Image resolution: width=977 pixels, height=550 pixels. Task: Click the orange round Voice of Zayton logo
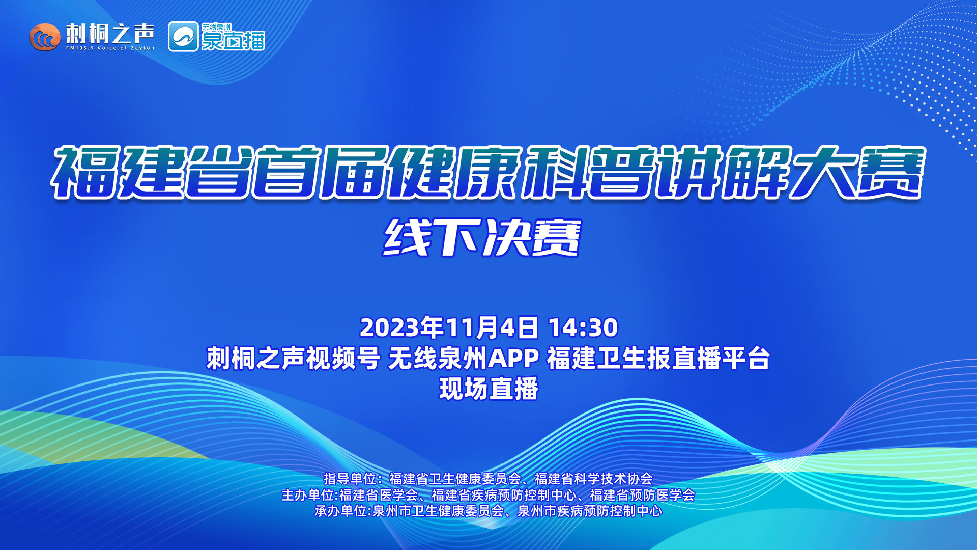point(45,37)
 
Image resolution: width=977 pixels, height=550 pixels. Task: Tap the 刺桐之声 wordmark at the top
point(110,34)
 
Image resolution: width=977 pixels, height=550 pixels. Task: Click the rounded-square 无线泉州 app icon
point(183,37)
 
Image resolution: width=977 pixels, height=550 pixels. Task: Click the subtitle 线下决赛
point(482,238)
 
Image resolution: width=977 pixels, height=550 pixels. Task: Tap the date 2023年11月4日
point(449,327)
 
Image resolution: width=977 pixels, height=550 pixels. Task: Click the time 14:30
point(583,327)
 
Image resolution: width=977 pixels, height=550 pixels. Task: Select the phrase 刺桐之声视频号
point(293,358)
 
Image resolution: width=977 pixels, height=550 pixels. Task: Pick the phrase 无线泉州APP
point(464,358)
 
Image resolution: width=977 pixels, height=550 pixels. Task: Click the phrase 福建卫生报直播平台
point(658,358)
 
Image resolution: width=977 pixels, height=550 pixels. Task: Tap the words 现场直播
point(489,389)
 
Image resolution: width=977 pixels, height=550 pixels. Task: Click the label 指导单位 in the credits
point(350,479)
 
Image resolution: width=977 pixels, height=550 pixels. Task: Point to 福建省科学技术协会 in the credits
point(594,479)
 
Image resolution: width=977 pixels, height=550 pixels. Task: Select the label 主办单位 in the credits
point(307,495)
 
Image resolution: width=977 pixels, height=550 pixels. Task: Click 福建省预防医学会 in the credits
point(642,495)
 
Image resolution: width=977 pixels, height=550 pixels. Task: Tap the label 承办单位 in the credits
point(340,511)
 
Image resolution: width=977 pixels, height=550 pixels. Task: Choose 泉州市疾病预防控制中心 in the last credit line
point(590,511)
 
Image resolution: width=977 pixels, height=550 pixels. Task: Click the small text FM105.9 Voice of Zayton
point(110,48)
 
